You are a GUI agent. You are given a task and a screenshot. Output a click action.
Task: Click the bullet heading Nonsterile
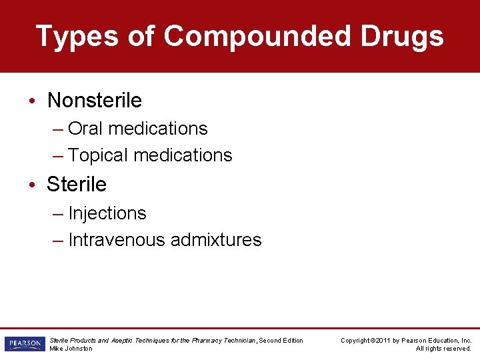tap(95, 101)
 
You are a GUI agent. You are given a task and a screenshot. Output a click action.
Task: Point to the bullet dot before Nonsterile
tap(33, 101)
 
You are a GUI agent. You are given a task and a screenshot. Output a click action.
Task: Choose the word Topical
tap(98, 155)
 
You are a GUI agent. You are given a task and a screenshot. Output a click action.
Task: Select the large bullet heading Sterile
tap(77, 184)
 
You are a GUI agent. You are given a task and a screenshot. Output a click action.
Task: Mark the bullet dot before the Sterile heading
tap(33, 185)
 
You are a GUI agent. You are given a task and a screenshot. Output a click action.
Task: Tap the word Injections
tap(107, 213)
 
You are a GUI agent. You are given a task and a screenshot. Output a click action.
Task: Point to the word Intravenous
tap(117, 240)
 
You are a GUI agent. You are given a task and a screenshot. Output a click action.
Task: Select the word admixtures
tap(216, 240)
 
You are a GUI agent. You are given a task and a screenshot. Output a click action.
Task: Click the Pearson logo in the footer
tap(23, 344)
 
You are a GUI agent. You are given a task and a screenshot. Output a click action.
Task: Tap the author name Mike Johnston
tap(71, 349)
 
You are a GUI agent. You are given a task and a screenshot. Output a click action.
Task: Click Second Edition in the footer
tap(281, 341)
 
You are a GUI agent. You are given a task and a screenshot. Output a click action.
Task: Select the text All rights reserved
tap(443, 349)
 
